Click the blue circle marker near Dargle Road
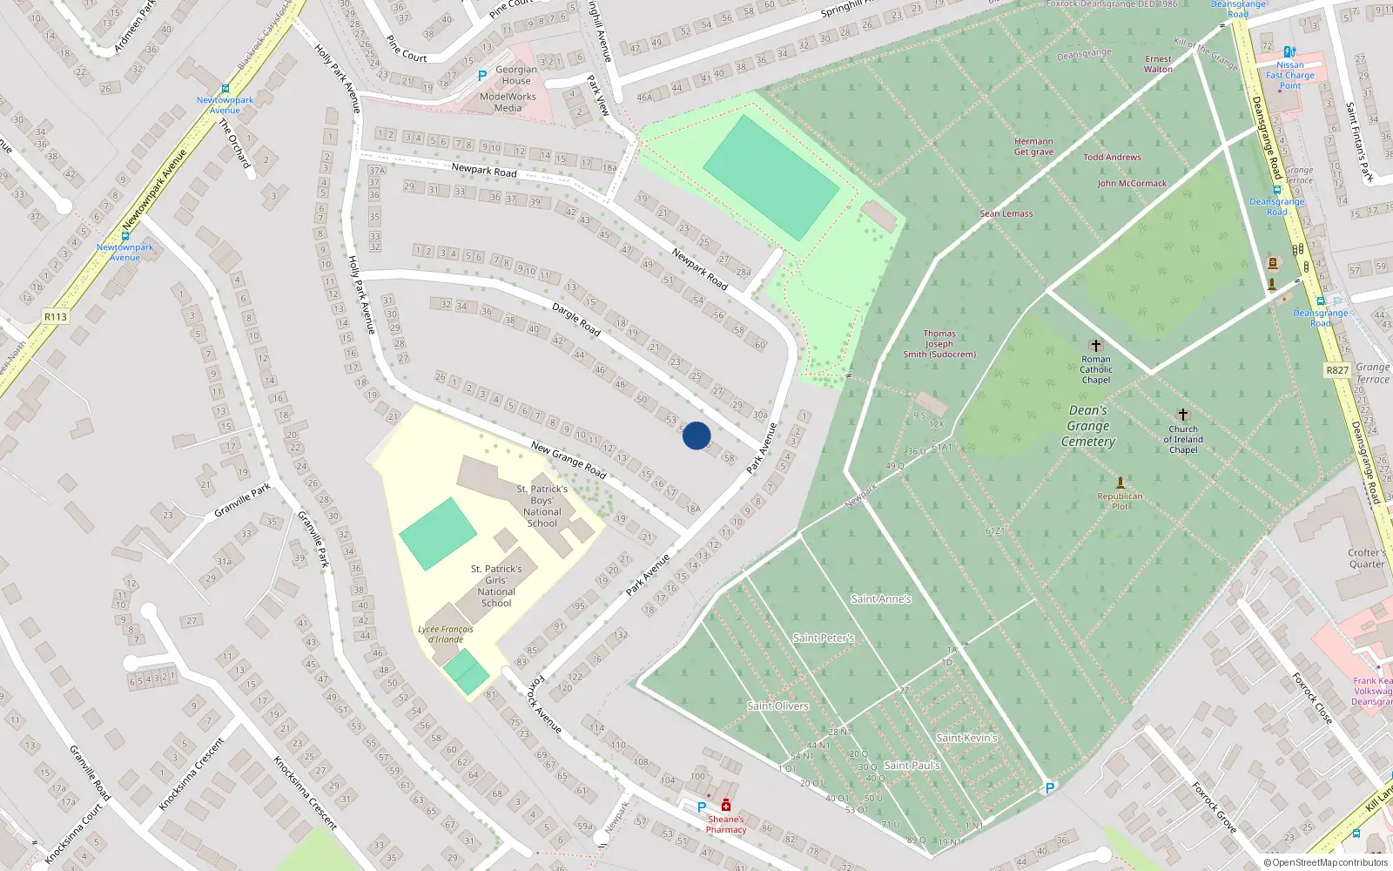pyautogui.click(x=696, y=435)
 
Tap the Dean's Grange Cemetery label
pyautogui.click(x=1088, y=426)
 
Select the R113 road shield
pyautogui.click(x=56, y=317)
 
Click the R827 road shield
pyautogui.click(x=1337, y=370)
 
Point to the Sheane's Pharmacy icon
pyautogui.click(x=726, y=806)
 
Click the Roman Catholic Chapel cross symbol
pyautogui.click(x=1096, y=346)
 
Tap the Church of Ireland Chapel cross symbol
pyautogui.click(x=1182, y=415)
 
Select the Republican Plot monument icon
pyautogui.click(x=1120, y=483)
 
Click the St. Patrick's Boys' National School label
pyautogui.click(x=542, y=506)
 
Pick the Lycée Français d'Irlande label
pyautogui.click(x=446, y=634)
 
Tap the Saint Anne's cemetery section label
pyautogui.click(x=881, y=599)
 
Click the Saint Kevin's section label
pyautogui.click(x=966, y=738)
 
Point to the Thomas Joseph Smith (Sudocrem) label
pyautogui.click(x=939, y=344)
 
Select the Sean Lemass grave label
pyautogui.click(x=1006, y=213)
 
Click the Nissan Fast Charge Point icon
pyautogui.click(x=1289, y=52)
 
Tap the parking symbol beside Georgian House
pyautogui.click(x=482, y=76)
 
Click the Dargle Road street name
pyautogui.click(x=576, y=319)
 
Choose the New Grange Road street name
pyautogui.click(x=569, y=460)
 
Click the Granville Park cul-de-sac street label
pyautogui.click(x=242, y=500)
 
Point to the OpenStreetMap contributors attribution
pyautogui.click(x=1326, y=863)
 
